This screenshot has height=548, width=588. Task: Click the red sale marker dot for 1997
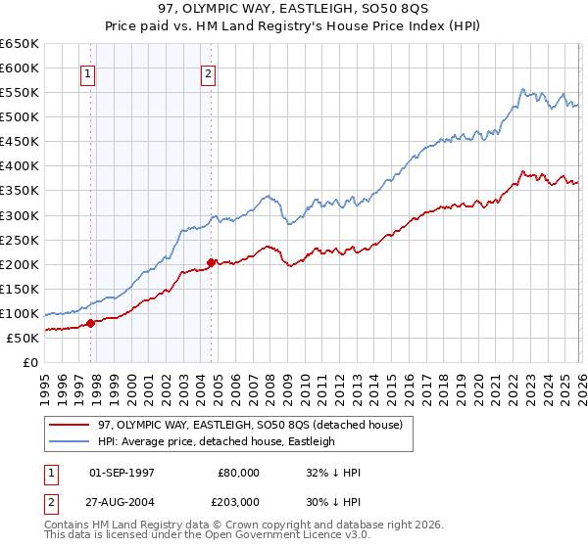(x=90, y=322)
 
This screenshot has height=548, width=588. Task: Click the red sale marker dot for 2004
(x=211, y=262)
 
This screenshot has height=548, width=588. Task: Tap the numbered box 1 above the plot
(x=88, y=72)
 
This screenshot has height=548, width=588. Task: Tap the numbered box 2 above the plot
(x=210, y=72)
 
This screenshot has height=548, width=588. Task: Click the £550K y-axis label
(x=20, y=93)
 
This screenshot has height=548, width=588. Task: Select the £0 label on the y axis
(x=29, y=362)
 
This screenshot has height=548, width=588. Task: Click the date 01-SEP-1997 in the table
(x=121, y=473)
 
